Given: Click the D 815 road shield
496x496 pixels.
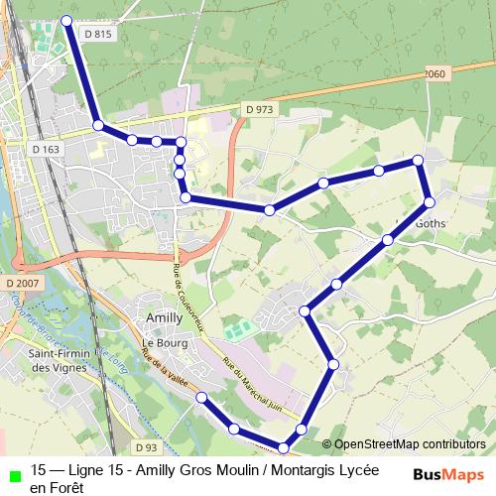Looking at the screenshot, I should point(99,34).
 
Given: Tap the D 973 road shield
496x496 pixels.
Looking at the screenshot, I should point(258,109).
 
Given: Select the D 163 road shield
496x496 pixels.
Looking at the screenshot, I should point(46,150).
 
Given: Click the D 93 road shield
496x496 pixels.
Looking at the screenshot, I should point(147,447).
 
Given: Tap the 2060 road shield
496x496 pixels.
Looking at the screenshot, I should point(434,74).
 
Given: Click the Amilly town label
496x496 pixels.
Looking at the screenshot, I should point(163,317).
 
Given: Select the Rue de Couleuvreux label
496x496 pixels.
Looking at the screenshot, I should point(186,293).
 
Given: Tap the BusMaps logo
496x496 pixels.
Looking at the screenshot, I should point(448,473).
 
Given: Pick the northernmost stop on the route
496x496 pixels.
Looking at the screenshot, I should point(67,20).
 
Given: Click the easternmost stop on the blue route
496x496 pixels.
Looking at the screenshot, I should point(430,201).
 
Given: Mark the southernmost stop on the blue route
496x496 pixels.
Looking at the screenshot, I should point(284,450).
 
